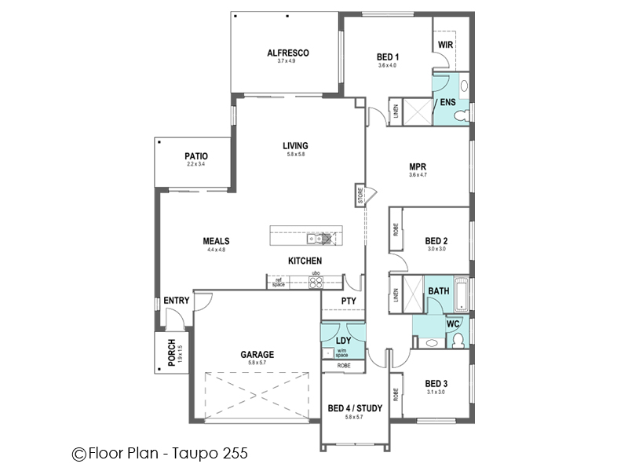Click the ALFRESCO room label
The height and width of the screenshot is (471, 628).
287,53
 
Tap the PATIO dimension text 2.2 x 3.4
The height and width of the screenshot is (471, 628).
195,164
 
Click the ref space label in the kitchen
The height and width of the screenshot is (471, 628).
278,282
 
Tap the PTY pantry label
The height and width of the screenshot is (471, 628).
349,301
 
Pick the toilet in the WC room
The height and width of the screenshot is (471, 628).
458,338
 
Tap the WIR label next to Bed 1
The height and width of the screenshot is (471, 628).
445,45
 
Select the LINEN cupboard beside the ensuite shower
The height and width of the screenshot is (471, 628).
396,111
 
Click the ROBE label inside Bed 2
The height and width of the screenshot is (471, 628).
396,229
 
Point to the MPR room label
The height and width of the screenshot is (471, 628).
418,166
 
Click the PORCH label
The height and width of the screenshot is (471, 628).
170,352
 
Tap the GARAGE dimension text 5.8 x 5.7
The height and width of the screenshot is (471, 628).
257,363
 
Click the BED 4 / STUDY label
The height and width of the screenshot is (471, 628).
355,407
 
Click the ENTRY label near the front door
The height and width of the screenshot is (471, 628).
176,301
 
